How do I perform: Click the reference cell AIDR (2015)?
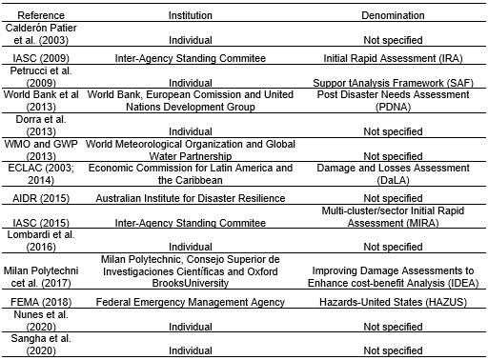point(41,197)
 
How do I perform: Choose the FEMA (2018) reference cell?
point(41,301)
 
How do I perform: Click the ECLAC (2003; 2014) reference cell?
point(41,173)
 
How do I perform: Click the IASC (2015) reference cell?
point(41,225)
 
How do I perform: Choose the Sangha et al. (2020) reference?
point(41,344)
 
